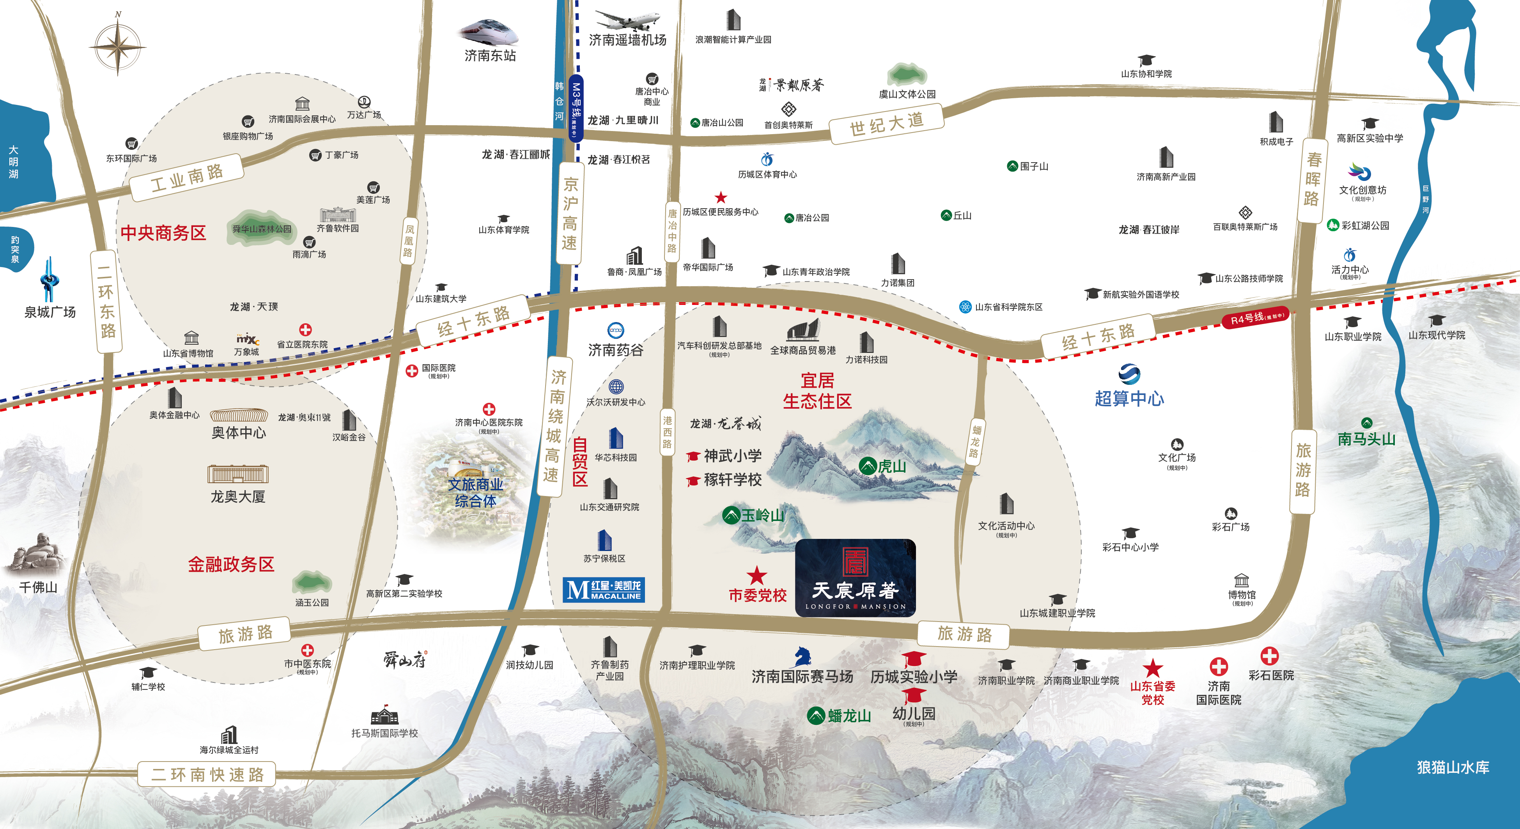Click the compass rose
pos(118,46)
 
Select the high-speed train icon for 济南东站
pos(489,32)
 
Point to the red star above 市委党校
pos(756,575)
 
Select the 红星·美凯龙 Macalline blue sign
pos(604,590)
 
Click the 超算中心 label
pos(1129,398)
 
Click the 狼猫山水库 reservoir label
pos(1453,767)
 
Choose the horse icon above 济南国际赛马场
pos(801,655)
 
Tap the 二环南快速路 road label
pos(207,774)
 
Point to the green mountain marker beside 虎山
pos(867,466)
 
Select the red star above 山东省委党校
pos(1152,668)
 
